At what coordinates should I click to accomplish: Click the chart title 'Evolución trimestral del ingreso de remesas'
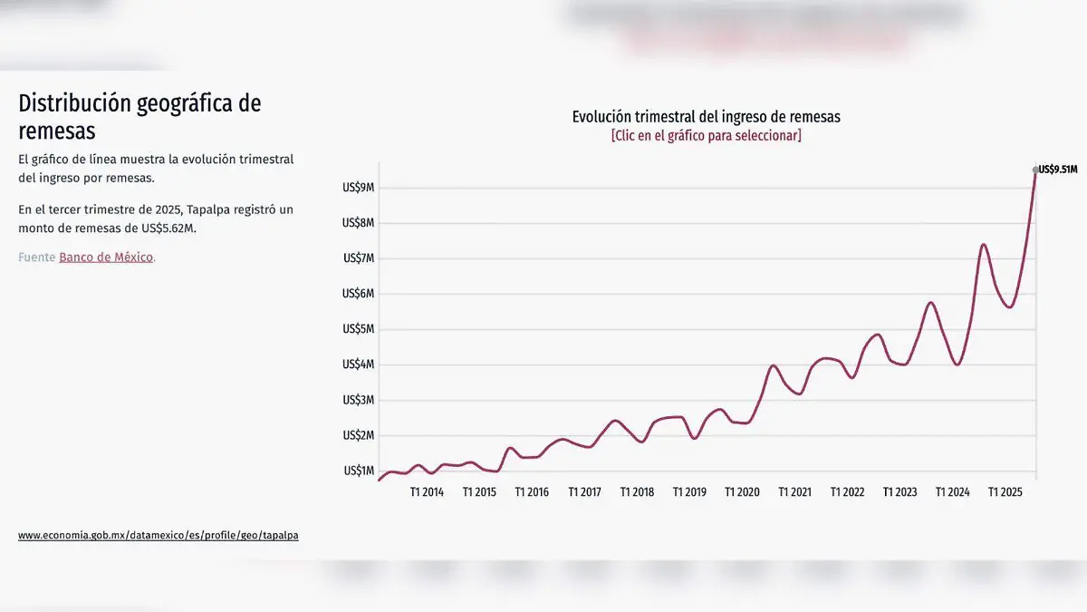706,117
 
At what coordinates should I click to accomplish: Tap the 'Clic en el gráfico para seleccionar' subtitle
706,136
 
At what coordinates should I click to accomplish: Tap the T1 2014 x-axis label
427,492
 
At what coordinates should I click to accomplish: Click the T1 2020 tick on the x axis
742,492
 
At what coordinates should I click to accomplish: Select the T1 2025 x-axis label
1005,492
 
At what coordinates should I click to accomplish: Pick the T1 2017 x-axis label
584,492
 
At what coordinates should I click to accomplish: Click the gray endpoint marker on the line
1036,170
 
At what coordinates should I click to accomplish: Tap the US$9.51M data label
1058,170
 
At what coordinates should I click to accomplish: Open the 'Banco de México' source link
106,257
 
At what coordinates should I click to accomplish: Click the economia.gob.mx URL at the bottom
158,536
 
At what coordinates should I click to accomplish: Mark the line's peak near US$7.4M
984,245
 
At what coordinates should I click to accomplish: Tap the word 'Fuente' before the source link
36,257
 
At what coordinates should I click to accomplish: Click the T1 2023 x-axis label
899,492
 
